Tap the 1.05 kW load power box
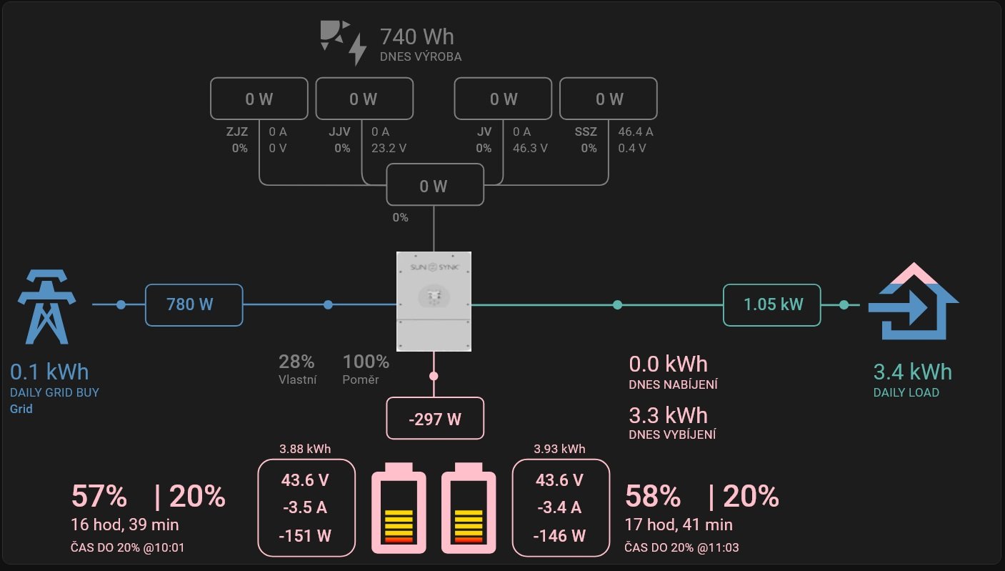point(772,305)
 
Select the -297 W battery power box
point(435,419)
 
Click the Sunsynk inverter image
point(434,302)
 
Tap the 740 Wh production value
point(416,36)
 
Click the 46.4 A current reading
point(636,132)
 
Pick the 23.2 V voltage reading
point(389,149)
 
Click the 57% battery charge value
point(99,496)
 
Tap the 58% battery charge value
point(653,496)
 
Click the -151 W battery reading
point(306,535)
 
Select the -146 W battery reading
point(561,535)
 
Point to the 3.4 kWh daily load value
point(912,372)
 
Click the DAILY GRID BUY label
point(54,392)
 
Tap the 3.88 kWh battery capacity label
point(305,450)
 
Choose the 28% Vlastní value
point(296,362)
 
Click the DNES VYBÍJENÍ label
point(672,435)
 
